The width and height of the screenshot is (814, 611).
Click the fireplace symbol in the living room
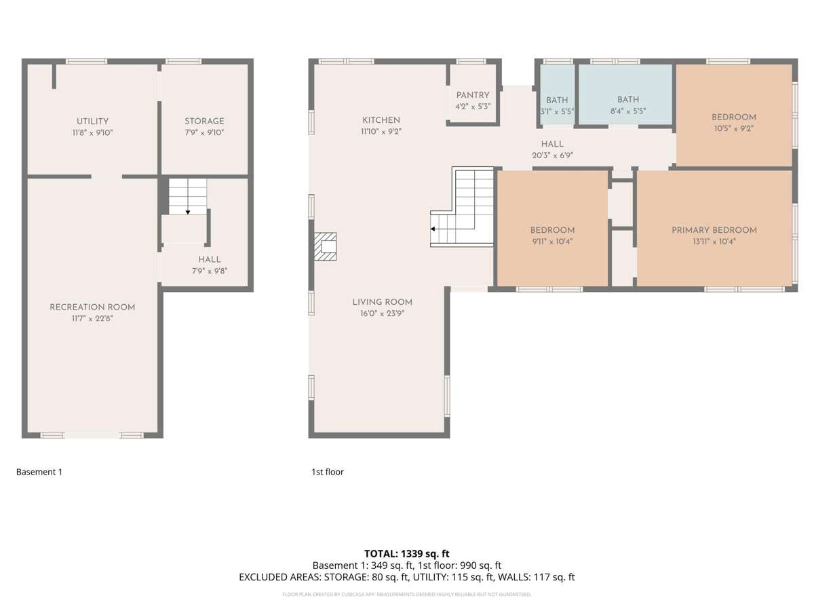tap(325, 246)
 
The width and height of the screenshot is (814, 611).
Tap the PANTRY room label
tap(473, 96)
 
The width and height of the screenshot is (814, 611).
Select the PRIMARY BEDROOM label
tap(714, 230)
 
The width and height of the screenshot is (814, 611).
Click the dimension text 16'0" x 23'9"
tap(382, 314)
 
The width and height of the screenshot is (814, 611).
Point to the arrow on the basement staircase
tap(188, 211)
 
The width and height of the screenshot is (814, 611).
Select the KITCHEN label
tap(381, 120)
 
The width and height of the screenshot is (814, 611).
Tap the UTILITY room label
tap(92, 122)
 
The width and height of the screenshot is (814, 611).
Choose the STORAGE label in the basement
tap(204, 122)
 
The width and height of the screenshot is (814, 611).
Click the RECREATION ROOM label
tap(92, 307)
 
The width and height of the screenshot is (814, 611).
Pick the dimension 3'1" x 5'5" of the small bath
tap(557, 111)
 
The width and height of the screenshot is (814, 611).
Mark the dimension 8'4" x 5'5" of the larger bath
tap(628, 111)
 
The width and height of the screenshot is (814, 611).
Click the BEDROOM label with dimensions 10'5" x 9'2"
tap(734, 117)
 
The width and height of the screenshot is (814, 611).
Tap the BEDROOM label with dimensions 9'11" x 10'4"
tap(552, 230)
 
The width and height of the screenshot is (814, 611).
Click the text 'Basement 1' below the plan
tap(39, 472)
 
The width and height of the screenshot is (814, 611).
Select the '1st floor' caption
tap(328, 472)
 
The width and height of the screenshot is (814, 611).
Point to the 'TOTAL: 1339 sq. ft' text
tap(407, 554)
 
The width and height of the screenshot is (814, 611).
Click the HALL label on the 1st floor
tap(552, 144)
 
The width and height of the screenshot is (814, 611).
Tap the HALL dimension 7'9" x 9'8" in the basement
tap(210, 270)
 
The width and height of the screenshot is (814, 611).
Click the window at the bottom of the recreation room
tap(92, 435)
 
